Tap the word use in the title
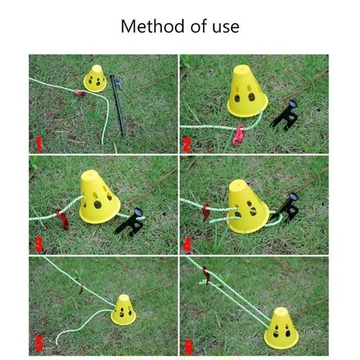pos(225,27)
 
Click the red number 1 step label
pos(39,144)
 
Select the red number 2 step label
pos(187,145)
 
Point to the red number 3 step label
pos(38,245)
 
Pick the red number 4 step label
pos(187,244)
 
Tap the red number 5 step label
pos(39,343)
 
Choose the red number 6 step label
pos(189,346)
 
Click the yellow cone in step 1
pos(95,78)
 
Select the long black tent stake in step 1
pos(118,105)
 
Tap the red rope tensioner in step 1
pos(79,92)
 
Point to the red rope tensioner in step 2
pos(238,135)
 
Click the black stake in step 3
pos(130,222)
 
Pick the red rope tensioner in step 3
pos(63,220)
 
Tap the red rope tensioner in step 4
pos(206,212)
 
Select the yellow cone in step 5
pos(123,310)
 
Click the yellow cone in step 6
pos(282,328)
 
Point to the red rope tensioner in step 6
pos(207,274)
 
